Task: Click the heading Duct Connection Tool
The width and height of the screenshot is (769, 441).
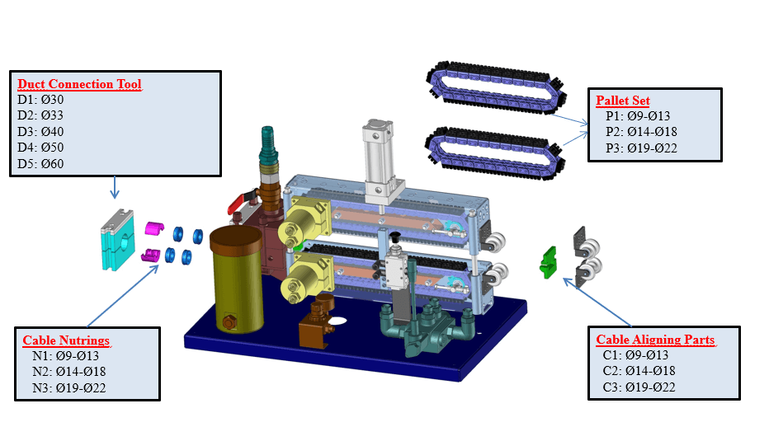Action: tap(79, 84)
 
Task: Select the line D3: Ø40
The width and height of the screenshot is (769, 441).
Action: tap(41, 132)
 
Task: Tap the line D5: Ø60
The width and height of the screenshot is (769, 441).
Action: tap(41, 163)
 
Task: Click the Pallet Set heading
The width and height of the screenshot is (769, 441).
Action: tap(623, 101)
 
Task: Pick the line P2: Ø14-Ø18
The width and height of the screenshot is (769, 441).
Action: tap(641, 132)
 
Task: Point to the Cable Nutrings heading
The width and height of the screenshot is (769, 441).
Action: tap(66, 340)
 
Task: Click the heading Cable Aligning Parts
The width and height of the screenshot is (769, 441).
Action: tap(656, 340)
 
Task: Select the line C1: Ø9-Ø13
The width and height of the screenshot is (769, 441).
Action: tap(639, 356)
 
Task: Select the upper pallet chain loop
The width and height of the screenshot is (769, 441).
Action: tap(495, 89)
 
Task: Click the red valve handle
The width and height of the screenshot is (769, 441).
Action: tap(237, 203)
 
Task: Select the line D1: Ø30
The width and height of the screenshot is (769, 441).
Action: tap(41, 100)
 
